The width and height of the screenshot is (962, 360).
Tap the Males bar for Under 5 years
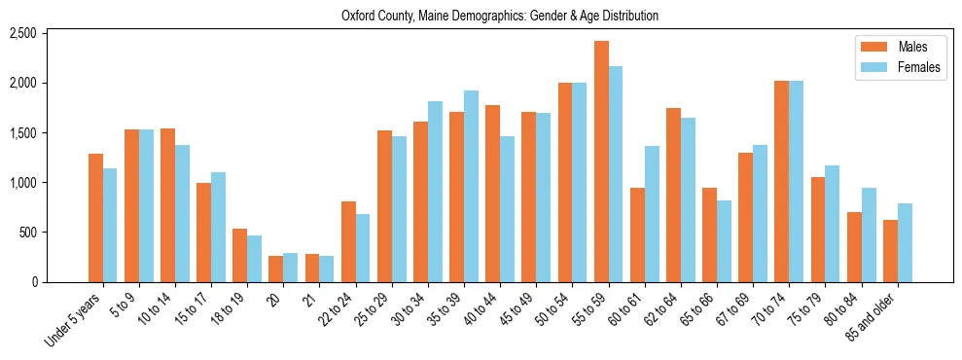(x=95, y=218)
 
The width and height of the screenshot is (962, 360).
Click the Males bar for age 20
(x=275, y=269)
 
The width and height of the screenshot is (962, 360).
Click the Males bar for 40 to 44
(x=492, y=194)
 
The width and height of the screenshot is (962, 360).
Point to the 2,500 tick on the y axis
(x=22, y=34)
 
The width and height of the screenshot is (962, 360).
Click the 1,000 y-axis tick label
(x=22, y=183)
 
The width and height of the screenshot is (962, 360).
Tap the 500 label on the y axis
(x=27, y=233)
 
